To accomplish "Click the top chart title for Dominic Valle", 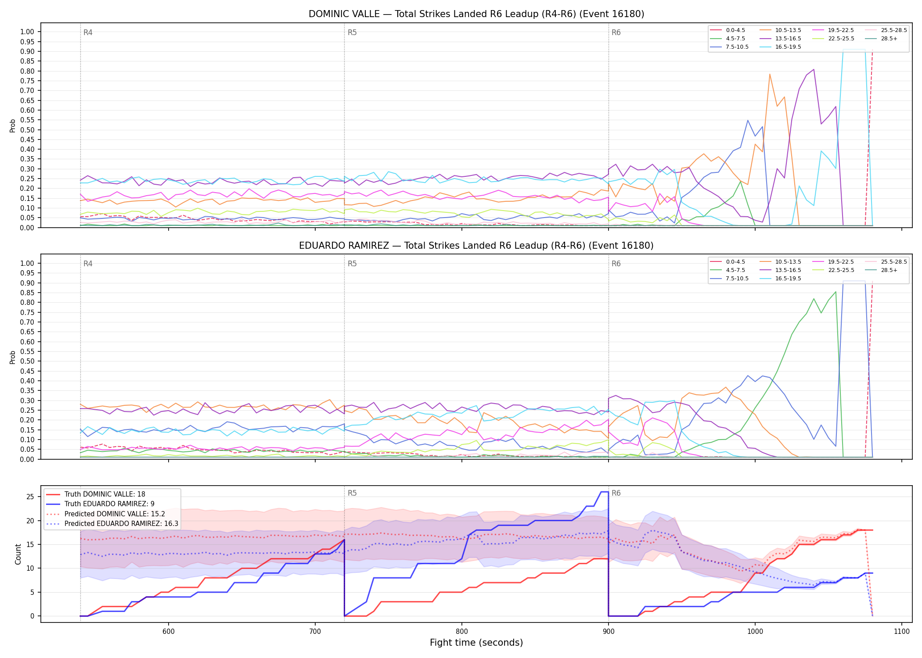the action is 476,14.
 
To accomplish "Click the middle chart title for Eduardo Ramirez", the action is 476,246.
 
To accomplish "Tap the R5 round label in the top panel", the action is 352,32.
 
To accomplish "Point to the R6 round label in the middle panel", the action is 616,264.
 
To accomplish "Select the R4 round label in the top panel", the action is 88,32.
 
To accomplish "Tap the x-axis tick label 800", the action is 462,631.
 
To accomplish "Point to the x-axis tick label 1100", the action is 902,631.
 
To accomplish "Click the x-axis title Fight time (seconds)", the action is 476,643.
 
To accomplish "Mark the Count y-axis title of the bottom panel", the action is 18,554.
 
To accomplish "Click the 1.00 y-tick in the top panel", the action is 27,32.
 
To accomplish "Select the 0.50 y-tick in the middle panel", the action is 27,361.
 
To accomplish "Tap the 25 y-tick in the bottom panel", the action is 30,497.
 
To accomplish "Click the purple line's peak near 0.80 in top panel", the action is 814,69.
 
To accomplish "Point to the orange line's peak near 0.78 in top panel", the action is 770,74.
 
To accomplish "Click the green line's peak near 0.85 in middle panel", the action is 836,292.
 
